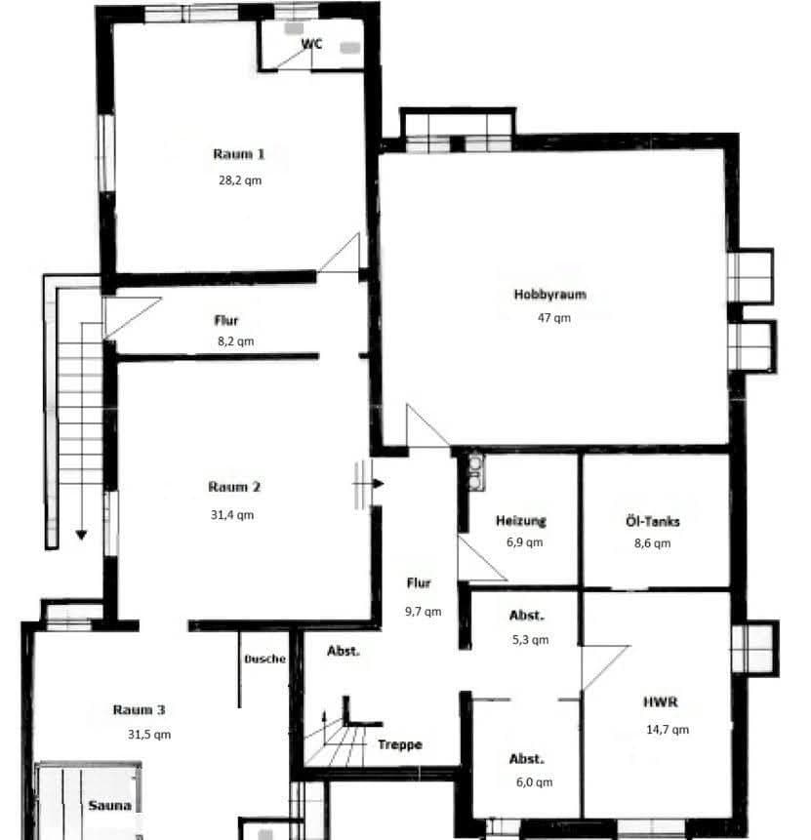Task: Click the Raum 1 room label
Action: point(239,154)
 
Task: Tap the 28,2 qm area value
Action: point(239,180)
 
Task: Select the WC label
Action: point(311,44)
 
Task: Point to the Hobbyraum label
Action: point(550,295)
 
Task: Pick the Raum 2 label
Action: point(234,487)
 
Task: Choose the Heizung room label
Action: point(520,521)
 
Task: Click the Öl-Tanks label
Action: point(653,521)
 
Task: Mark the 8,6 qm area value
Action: point(652,543)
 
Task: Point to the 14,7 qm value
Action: point(669,729)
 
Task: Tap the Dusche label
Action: point(265,659)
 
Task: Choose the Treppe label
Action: point(400,744)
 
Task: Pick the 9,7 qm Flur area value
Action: point(425,612)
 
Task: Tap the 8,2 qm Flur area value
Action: point(234,341)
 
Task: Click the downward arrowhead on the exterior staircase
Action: point(81,535)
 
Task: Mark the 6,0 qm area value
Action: point(534,781)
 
